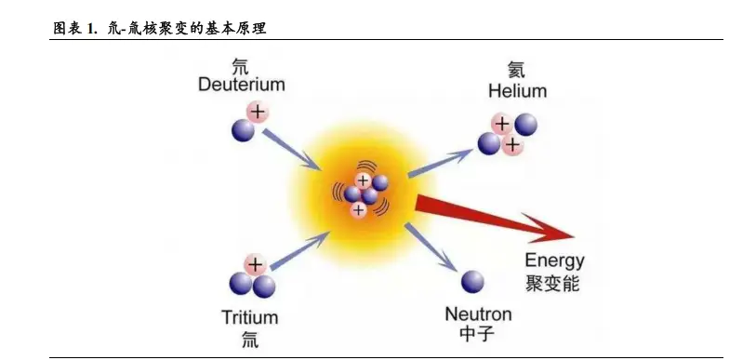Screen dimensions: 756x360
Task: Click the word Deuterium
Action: point(241,86)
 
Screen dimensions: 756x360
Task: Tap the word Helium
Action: point(517,91)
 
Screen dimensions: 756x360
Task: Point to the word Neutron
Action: point(476,313)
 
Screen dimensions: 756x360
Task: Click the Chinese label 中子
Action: point(476,334)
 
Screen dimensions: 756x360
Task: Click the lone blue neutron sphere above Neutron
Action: point(473,282)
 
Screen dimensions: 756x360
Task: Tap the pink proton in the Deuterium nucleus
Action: point(257,113)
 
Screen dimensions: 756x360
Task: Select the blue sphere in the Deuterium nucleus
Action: point(243,129)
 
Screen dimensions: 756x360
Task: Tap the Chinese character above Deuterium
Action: point(240,66)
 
